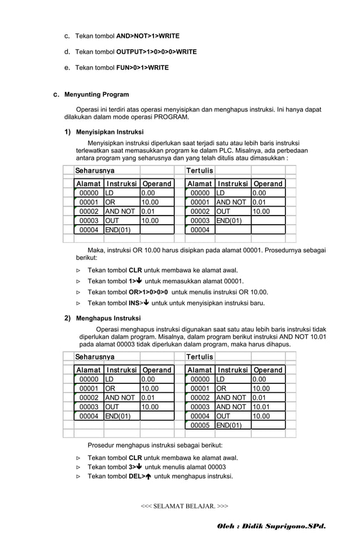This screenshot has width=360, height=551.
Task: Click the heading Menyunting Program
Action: (96, 94)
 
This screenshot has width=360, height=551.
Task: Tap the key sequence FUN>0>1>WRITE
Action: (142, 68)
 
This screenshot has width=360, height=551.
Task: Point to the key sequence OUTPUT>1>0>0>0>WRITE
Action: (156, 52)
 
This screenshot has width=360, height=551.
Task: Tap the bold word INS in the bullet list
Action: (134, 303)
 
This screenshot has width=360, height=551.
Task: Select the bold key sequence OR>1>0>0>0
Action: (148, 292)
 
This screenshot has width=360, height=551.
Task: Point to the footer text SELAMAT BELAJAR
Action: (184, 506)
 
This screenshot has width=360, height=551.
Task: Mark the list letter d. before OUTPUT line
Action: (67, 52)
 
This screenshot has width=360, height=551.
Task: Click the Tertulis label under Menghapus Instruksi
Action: (200, 357)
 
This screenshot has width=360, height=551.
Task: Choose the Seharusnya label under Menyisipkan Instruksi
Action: (95, 170)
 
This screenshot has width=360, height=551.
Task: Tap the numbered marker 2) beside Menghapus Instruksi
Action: (67, 318)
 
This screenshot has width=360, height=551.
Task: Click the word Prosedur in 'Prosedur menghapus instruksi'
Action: (100, 445)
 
